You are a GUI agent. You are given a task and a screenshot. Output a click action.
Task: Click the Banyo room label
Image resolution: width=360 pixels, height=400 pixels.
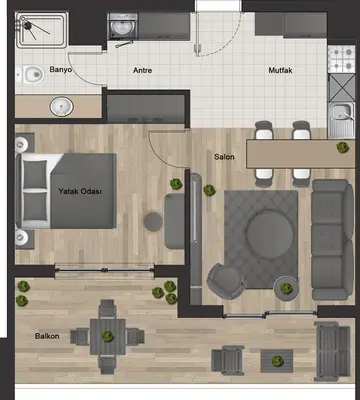[60, 70]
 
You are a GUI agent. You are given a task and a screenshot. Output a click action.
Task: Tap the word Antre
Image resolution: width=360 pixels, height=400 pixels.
[143, 70]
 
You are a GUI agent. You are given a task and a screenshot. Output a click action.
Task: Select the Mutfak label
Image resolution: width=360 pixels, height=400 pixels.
[280, 70]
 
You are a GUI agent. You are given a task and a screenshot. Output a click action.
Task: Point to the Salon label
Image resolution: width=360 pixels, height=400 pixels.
[224, 157]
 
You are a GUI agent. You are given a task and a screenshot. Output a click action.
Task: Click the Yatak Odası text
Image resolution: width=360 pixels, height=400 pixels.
[80, 191]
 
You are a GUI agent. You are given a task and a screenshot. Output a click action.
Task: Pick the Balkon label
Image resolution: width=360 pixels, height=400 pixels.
[47, 336]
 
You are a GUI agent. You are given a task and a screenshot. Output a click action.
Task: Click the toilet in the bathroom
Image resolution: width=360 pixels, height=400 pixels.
[30, 75]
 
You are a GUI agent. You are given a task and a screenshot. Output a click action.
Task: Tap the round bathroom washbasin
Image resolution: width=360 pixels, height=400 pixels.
[62, 107]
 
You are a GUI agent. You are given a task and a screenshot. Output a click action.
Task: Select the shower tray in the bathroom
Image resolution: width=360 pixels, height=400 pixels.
[42, 30]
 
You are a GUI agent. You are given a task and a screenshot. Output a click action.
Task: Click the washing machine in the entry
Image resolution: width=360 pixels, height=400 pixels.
[122, 26]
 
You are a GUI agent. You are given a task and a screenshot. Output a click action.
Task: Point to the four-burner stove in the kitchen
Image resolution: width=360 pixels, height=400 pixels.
[341, 59]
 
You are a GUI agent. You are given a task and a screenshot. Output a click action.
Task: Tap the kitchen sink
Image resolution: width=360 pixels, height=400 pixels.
[341, 120]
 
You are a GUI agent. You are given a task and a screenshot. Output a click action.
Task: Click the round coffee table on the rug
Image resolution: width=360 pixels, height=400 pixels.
[270, 234]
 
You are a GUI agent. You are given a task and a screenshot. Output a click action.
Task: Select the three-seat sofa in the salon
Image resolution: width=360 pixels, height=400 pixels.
[332, 240]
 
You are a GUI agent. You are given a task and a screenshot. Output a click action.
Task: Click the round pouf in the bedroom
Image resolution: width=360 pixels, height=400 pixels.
[153, 221]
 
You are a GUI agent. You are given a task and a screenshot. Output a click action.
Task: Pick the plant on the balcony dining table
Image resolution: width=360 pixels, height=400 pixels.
[108, 336]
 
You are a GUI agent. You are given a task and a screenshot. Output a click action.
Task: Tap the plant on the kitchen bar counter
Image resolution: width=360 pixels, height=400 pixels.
[342, 147]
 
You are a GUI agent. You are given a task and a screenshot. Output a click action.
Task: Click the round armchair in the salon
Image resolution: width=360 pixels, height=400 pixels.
[226, 282]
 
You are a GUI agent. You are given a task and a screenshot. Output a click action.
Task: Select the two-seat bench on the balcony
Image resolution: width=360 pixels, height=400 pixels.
[332, 351]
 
